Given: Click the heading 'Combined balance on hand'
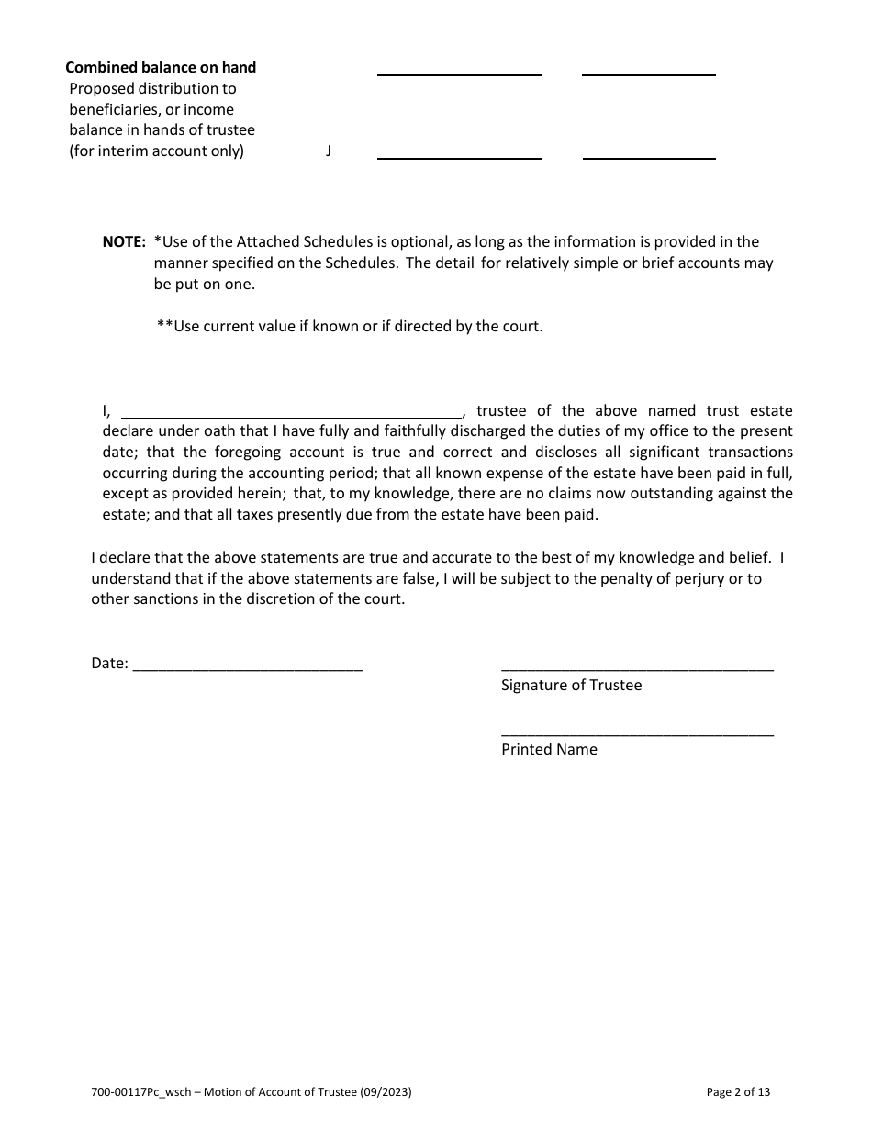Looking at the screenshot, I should point(161,67).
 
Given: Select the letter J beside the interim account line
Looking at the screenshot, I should point(328,151).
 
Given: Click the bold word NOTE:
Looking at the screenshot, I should point(124,241).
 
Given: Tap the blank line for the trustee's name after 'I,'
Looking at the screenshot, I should point(292,413).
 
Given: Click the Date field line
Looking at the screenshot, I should point(248,668).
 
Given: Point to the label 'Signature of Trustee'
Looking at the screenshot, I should point(571,685).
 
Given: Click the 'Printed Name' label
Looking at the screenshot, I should point(549,749).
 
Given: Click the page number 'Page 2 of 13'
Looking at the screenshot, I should point(738,1092).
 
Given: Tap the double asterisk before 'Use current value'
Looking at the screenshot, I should point(165,326).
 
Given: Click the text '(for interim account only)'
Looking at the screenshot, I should point(157,151).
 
